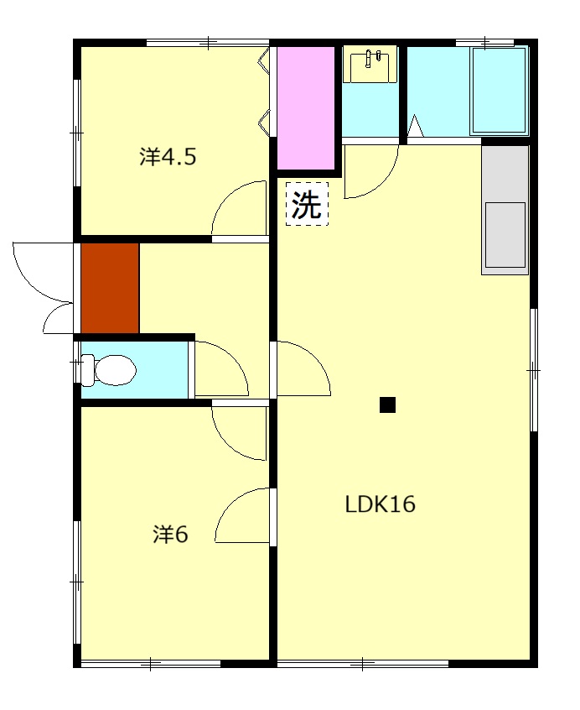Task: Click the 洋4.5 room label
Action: pyautogui.click(x=168, y=157)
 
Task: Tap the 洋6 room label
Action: pyautogui.click(x=170, y=535)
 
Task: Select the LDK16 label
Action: pyautogui.click(x=381, y=504)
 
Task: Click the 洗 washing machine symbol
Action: pyautogui.click(x=307, y=204)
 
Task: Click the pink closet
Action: pyautogui.click(x=306, y=107)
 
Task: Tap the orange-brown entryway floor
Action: pyautogui.click(x=110, y=288)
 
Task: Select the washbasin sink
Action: pyautogui.click(x=370, y=65)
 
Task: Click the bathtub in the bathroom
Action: pyautogui.click(x=500, y=91)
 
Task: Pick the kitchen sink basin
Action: pyautogui.click(x=505, y=235)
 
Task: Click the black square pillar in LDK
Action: pyautogui.click(x=387, y=405)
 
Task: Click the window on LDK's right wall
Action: pyautogui.click(x=534, y=370)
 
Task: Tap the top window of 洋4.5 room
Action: pyautogui.click(x=208, y=43)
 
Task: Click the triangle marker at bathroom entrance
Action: pyautogui.click(x=416, y=127)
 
